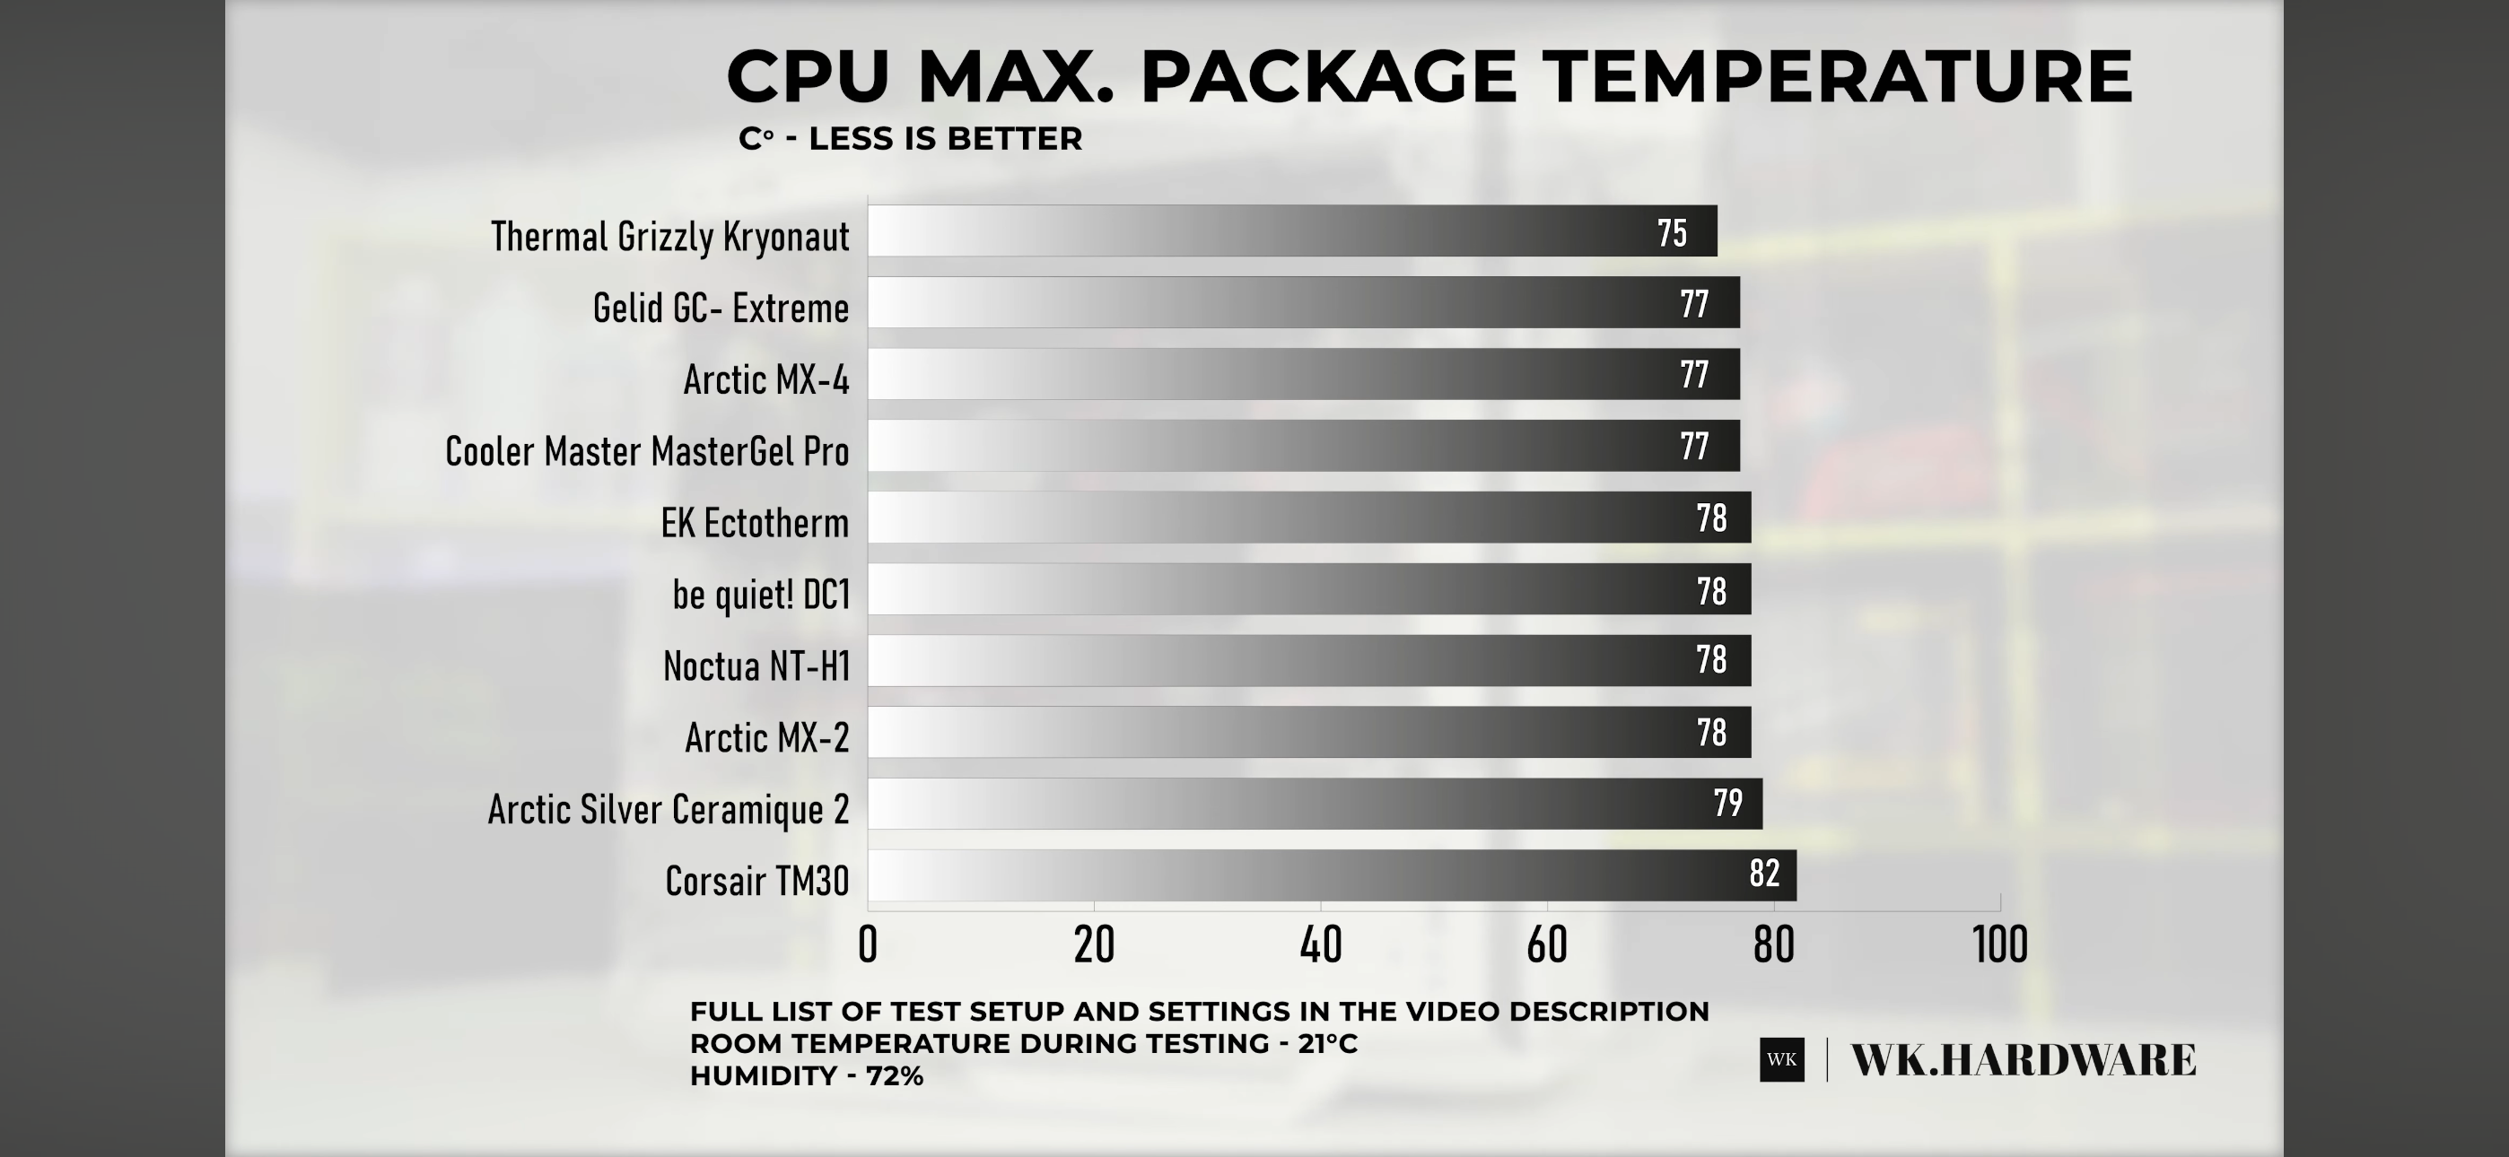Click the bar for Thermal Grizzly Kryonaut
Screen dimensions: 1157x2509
(x=1291, y=231)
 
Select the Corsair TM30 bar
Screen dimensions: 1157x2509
(x=1332, y=874)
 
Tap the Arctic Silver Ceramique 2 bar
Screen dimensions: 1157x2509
(x=1314, y=804)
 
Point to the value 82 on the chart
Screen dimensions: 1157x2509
(x=1764, y=874)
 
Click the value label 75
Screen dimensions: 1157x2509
(x=1672, y=234)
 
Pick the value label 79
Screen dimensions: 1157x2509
(x=1728, y=804)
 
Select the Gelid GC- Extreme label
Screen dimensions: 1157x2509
(x=721, y=309)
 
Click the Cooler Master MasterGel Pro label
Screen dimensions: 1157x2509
(x=647, y=452)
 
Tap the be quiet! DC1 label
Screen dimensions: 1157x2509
(x=761, y=594)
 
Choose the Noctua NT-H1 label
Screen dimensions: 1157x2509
(x=756, y=666)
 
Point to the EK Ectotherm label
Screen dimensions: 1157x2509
(x=755, y=524)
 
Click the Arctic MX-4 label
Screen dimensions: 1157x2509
(x=766, y=379)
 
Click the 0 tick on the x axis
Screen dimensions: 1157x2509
(x=868, y=944)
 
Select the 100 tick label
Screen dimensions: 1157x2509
(x=1999, y=944)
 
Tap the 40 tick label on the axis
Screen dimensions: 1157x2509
(x=1321, y=944)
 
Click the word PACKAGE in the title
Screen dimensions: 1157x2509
(x=1327, y=77)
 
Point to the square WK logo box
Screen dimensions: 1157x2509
(x=1781, y=1059)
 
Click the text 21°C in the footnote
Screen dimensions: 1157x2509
(x=1327, y=1044)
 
